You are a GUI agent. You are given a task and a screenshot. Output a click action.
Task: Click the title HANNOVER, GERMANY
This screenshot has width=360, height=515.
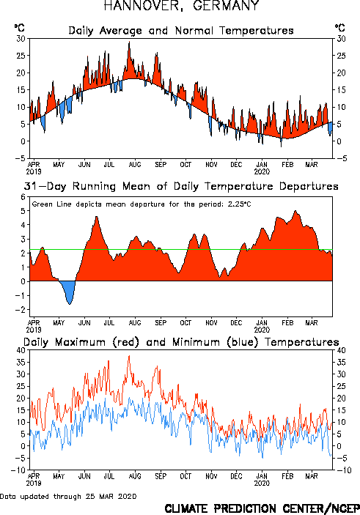pos(182,6)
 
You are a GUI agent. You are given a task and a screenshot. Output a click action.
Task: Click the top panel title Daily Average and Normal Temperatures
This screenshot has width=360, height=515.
pos(181,31)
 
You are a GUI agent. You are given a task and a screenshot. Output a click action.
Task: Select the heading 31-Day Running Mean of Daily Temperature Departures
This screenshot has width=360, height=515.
pos(181,186)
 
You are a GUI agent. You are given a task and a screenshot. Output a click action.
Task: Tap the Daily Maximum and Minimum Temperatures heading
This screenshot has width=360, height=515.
pos(181,342)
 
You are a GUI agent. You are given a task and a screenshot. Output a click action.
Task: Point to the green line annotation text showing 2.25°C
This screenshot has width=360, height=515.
pos(142,204)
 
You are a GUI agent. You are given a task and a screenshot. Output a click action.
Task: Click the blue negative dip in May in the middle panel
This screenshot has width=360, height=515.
pos(68,292)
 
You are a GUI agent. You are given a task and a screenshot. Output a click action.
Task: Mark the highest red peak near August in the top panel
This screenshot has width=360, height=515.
pos(129,42)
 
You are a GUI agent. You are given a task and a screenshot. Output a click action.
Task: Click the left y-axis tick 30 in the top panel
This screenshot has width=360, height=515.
pos(21,39)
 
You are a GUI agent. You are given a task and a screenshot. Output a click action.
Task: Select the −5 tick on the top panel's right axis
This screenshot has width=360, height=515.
pos(340,158)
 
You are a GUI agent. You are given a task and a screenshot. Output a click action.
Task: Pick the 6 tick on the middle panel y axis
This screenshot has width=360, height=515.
pos(23,197)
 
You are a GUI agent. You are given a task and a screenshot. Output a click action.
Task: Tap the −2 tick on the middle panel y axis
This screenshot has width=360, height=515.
pos(21,310)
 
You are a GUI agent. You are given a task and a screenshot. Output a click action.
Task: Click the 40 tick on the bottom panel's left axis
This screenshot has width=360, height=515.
pos(21,350)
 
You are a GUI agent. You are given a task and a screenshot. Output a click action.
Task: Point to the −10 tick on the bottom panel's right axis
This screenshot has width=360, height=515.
pos(343,470)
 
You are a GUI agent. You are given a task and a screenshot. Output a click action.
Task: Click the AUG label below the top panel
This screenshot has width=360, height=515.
pos(135,164)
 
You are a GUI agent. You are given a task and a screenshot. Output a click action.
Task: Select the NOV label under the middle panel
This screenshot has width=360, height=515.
pos(211,322)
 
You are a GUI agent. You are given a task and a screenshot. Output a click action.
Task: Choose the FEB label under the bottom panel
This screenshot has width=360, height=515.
pos(287,476)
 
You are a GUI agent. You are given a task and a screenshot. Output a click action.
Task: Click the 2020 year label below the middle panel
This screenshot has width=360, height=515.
pos(262,330)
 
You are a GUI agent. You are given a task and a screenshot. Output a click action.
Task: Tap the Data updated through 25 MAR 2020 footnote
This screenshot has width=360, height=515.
pos(68,496)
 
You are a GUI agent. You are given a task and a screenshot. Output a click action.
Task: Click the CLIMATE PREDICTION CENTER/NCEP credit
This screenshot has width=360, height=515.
pos(262,508)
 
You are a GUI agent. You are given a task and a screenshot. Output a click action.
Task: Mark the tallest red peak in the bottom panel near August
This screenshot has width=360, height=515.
pos(129,356)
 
